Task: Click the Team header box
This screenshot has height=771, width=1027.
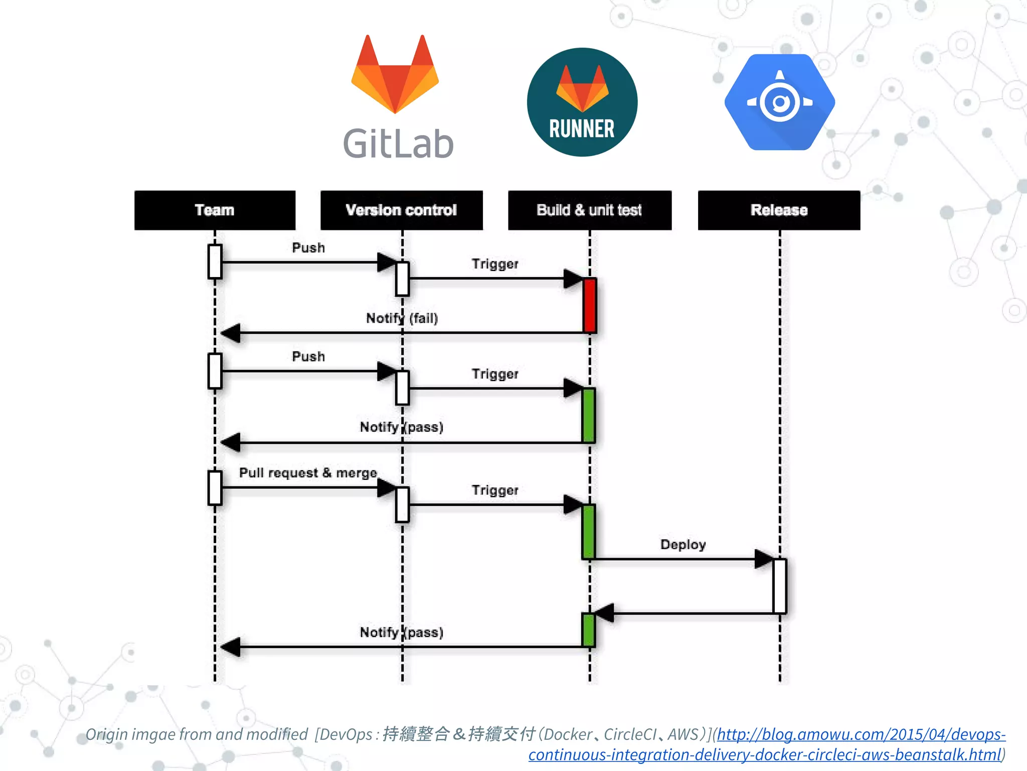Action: click(215, 210)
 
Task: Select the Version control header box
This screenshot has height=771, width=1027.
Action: click(401, 210)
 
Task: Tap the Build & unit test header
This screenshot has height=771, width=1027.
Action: click(589, 210)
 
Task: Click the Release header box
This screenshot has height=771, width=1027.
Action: click(779, 210)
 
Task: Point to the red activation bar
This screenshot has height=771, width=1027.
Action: click(590, 305)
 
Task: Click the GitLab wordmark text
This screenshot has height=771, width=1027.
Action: click(398, 144)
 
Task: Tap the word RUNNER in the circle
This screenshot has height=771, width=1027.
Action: click(582, 129)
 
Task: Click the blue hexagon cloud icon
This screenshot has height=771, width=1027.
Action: click(780, 102)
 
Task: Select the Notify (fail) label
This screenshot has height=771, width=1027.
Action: click(402, 318)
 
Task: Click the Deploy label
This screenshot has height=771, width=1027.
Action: click(683, 545)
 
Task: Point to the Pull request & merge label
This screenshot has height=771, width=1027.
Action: click(308, 473)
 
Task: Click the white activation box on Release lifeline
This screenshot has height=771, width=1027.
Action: click(779, 586)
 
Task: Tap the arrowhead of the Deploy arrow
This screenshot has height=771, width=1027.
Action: click(763, 559)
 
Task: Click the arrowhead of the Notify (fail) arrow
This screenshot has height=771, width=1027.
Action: click(231, 333)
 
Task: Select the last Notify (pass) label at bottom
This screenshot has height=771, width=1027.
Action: click(402, 632)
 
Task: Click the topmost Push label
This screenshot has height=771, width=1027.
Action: click(308, 248)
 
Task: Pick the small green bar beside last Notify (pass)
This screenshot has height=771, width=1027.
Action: click(588, 629)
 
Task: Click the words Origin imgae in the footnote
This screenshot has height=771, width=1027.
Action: click(131, 734)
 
